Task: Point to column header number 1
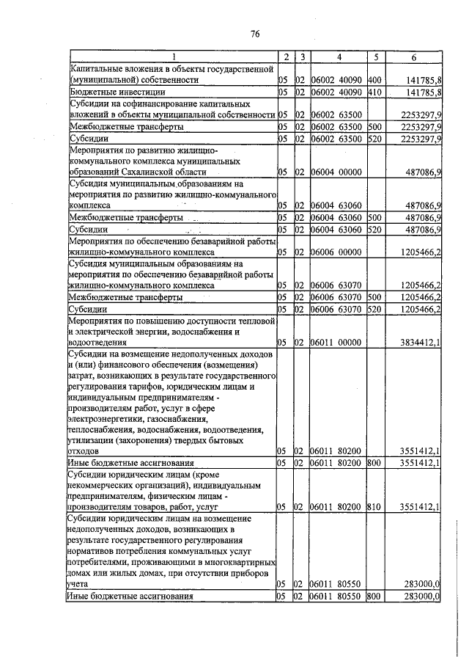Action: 174,57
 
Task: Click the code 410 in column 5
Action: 374,92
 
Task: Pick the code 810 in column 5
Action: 374,506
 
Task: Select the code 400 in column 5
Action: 374,80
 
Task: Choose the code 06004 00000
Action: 336,172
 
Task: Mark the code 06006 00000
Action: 336,252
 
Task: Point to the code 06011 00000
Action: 336,342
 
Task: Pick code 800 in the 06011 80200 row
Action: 374,464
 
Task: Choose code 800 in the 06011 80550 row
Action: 374,596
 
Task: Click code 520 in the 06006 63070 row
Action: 374,310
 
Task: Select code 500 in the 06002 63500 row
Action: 374,127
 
